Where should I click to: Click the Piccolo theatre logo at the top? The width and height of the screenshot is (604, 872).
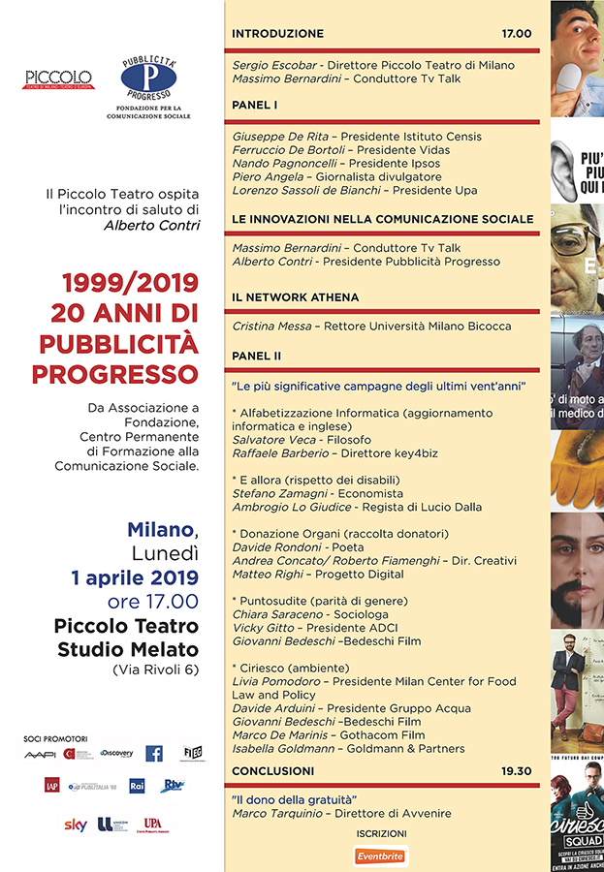pyautogui.click(x=59, y=79)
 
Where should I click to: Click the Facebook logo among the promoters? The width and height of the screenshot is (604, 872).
pyautogui.click(x=154, y=753)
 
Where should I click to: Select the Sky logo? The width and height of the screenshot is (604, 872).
pyautogui.click(x=76, y=825)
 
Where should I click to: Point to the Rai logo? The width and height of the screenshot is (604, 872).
pyautogui.click(x=138, y=785)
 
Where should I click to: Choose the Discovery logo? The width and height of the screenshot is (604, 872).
pyautogui.click(x=116, y=753)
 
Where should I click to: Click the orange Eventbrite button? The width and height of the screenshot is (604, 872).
pyautogui.click(x=380, y=856)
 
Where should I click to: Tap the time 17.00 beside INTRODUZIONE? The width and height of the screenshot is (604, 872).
pyautogui.click(x=517, y=33)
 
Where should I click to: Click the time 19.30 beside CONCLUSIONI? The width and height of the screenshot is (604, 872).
pyautogui.click(x=517, y=770)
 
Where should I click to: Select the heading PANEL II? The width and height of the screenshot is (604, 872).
pyautogui.click(x=257, y=356)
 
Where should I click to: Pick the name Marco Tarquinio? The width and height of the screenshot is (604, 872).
pyautogui.click(x=274, y=814)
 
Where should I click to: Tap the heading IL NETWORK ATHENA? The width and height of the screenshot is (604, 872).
pyautogui.click(x=295, y=296)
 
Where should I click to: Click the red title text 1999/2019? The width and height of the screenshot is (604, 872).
pyautogui.click(x=130, y=284)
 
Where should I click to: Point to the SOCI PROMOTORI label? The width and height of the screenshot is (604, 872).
pyautogui.click(x=53, y=738)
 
